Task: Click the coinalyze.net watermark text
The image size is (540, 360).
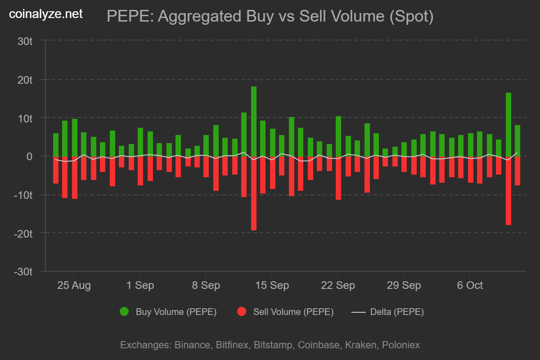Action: [46, 14]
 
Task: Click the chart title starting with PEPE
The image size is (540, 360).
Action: [270, 17]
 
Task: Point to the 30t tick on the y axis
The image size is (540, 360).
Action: [25, 41]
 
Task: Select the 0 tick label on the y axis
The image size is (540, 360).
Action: [30, 157]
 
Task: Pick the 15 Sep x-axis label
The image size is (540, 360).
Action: [272, 285]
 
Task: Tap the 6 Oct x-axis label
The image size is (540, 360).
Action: [470, 285]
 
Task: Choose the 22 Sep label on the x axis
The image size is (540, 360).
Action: [338, 285]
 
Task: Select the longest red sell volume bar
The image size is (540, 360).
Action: [254, 193]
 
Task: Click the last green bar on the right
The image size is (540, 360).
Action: [517, 141]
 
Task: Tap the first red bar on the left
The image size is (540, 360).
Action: [56, 170]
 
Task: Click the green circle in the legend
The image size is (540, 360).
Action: [124, 312]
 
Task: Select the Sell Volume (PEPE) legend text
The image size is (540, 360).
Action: [293, 312]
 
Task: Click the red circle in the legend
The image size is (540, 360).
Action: [242, 312]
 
